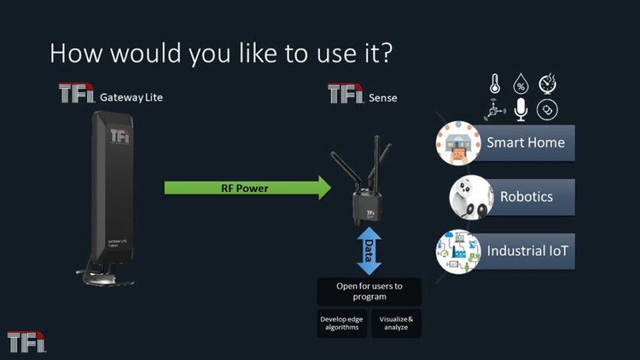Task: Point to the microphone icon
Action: point(520,110)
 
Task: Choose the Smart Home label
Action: point(525,142)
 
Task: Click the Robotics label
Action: point(526,197)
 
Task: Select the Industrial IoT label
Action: point(527,251)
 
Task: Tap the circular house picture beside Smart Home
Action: point(459,142)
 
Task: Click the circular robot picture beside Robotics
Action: point(471,197)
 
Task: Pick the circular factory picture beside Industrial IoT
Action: point(459,251)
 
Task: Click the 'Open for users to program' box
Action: point(369,291)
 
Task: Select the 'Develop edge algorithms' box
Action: point(342,323)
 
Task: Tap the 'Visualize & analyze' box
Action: point(396,323)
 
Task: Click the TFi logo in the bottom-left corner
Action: point(26,342)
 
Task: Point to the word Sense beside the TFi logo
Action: point(383,97)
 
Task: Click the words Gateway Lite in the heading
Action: point(131,97)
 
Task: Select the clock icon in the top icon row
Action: point(547,84)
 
